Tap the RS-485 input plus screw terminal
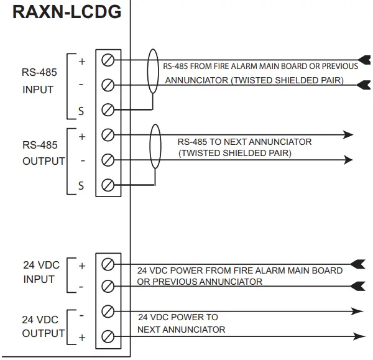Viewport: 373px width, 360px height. (108, 60)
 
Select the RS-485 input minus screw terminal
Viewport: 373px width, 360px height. (108, 85)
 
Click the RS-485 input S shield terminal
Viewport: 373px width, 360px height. (108, 110)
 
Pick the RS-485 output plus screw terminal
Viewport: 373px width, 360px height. (108, 135)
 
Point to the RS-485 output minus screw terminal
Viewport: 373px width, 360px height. (108, 160)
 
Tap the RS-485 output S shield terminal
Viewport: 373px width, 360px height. (108, 185)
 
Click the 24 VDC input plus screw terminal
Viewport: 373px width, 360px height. (108, 265)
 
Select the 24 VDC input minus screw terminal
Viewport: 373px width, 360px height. (108, 286)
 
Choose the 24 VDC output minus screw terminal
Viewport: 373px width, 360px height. (108, 311)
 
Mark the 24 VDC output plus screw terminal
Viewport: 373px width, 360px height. (108, 336)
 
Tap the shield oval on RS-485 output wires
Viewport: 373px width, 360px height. (155, 147)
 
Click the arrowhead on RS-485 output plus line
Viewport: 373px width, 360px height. (348, 135)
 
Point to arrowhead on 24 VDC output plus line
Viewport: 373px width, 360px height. (359, 336)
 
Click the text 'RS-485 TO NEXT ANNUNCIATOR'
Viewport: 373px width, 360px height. (244, 142)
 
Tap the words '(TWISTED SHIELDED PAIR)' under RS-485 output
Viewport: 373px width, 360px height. (234, 153)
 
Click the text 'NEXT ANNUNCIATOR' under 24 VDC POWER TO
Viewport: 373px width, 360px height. (181, 329)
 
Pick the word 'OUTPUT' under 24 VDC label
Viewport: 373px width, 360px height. (44, 333)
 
